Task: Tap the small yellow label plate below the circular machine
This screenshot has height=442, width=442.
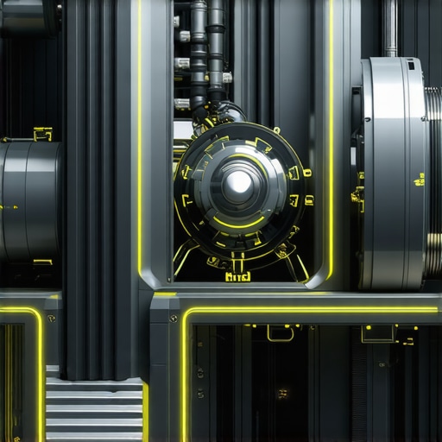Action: click(x=237, y=277)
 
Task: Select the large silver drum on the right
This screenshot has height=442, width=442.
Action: click(x=393, y=173)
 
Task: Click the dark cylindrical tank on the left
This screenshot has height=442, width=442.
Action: click(x=28, y=200)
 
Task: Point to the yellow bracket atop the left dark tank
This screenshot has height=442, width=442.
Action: click(x=41, y=134)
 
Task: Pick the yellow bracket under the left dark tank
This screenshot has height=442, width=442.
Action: click(x=41, y=262)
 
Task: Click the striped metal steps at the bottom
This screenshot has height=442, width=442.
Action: click(x=93, y=410)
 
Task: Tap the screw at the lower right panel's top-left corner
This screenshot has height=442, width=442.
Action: click(x=174, y=319)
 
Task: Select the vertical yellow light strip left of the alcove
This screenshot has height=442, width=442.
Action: click(x=140, y=129)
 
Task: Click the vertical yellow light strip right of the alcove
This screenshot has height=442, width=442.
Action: click(x=331, y=129)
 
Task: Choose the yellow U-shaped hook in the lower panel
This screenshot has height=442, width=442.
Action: click(x=280, y=333)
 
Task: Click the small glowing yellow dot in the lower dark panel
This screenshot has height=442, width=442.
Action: click(x=282, y=394)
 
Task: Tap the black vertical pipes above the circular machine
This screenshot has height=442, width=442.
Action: click(x=207, y=52)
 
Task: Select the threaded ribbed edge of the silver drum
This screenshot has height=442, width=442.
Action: click(x=432, y=173)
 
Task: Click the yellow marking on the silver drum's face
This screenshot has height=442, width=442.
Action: click(x=420, y=180)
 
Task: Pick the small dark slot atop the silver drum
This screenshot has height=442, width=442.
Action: click(x=411, y=65)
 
